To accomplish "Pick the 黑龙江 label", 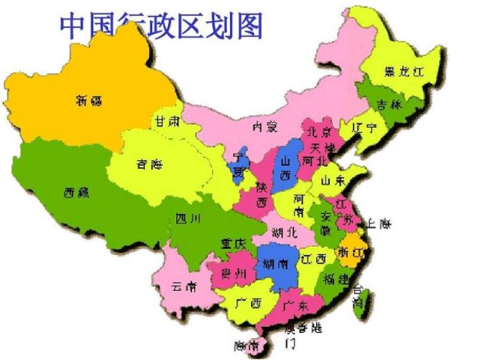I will pos(401,73).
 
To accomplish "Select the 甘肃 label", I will pos(167,120).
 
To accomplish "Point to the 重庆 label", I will pos(234,244).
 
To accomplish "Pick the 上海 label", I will pos(377,224).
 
